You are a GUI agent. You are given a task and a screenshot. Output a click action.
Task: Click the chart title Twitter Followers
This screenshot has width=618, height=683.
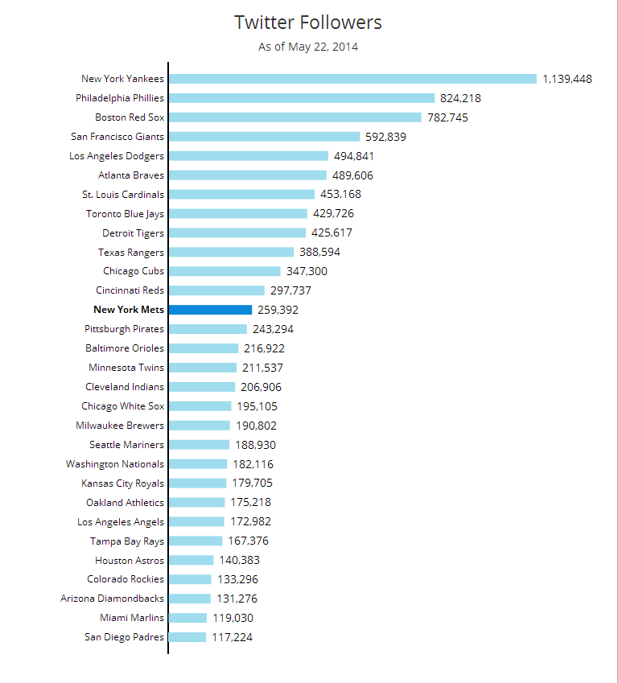[x=308, y=23]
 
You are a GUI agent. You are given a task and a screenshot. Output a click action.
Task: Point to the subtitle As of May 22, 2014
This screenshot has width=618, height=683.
[x=308, y=47]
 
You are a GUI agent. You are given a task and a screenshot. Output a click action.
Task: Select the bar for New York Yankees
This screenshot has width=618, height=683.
[x=352, y=79]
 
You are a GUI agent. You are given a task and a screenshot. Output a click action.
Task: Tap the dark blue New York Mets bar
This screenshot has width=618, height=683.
[x=211, y=310]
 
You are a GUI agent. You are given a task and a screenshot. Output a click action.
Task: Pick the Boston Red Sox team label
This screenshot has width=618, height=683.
[x=129, y=117]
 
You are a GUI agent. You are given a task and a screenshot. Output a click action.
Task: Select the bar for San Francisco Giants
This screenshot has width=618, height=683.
[x=265, y=137]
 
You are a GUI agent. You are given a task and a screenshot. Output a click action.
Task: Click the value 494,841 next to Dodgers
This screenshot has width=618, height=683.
[x=354, y=156]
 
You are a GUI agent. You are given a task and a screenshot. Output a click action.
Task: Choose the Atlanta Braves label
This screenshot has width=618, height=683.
[x=130, y=175]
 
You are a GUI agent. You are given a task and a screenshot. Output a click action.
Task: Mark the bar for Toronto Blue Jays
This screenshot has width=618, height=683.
[x=238, y=214]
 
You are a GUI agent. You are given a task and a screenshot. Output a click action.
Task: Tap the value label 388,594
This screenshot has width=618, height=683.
[x=319, y=252]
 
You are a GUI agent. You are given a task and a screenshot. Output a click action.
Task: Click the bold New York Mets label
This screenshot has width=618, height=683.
[x=129, y=310]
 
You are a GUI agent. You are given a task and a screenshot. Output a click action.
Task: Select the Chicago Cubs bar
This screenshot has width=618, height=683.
[x=225, y=271]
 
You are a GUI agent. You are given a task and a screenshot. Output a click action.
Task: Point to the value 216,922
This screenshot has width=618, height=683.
[x=264, y=348]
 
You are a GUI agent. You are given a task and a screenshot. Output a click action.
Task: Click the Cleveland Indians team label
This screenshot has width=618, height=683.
[x=125, y=387]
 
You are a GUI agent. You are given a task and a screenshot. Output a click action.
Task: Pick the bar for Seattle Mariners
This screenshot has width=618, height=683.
[x=200, y=445]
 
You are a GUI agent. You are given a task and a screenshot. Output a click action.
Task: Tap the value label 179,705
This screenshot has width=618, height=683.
[x=252, y=483]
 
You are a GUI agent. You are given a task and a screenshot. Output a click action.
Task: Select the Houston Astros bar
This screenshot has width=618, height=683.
[x=192, y=560]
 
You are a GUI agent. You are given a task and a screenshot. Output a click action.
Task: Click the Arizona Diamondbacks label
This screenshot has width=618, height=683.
[x=112, y=599]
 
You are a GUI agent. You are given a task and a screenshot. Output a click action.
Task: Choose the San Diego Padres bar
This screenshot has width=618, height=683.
[x=187, y=637]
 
